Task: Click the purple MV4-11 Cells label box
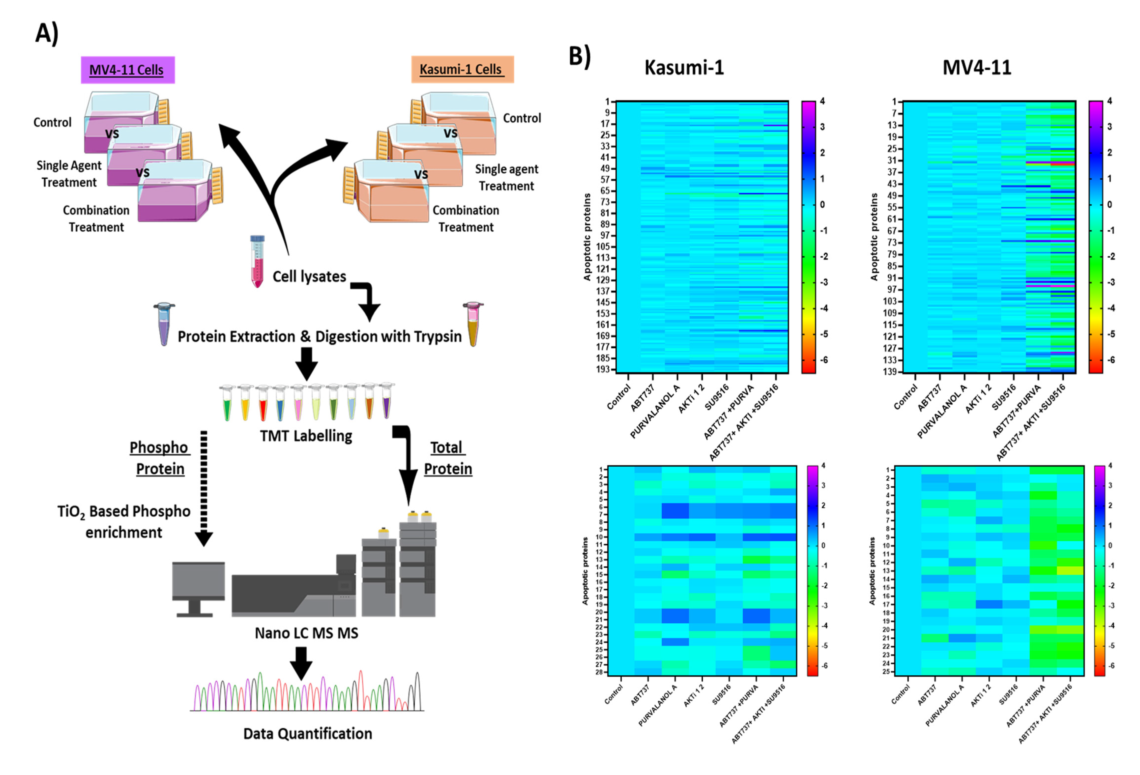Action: (128, 70)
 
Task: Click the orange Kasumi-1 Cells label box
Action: (462, 69)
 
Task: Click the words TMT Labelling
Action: (306, 436)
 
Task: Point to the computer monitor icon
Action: (198, 588)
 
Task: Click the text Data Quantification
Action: (308, 734)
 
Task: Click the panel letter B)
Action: (579, 56)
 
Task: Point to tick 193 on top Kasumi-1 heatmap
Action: (603, 369)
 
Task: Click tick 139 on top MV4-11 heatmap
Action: (890, 372)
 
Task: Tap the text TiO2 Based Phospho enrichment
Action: (124, 522)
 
